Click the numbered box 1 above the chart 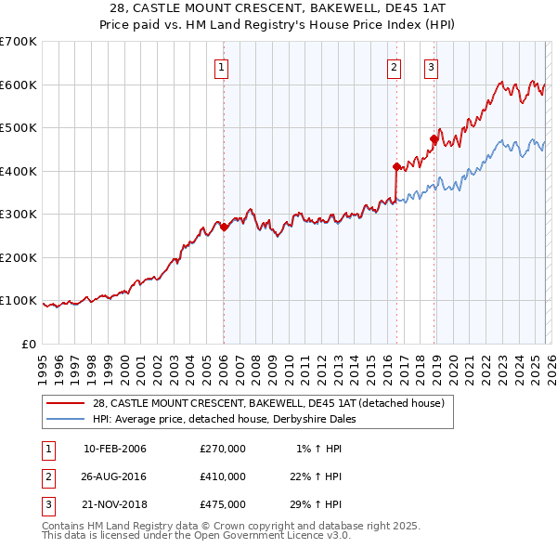[223, 66]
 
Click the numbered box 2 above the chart [395, 66]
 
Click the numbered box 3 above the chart [432, 66]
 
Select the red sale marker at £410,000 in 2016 [396, 167]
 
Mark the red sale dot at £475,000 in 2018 [434, 139]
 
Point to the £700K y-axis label [19, 42]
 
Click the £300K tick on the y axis [19, 215]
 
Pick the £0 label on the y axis [30, 344]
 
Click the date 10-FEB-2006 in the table [114, 450]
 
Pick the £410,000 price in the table [223, 476]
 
